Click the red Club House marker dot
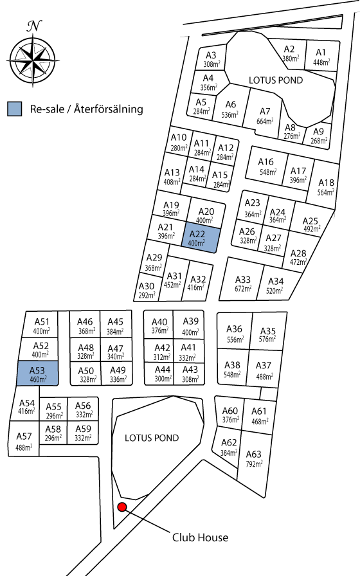[122, 507]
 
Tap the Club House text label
[200, 537]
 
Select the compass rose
[33, 60]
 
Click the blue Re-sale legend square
[15, 109]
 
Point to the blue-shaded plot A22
[201, 238]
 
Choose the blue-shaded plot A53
[37, 373]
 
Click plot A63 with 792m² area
[254, 458]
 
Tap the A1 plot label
[321, 53]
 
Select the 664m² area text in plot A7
[265, 120]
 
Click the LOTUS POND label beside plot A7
[276, 80]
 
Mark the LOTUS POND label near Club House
[152, 438]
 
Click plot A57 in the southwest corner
[24, 439]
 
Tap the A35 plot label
[268, 331]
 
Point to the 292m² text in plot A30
[147, 294]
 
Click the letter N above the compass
[34, 26]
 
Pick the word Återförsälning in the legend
[109, 109]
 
